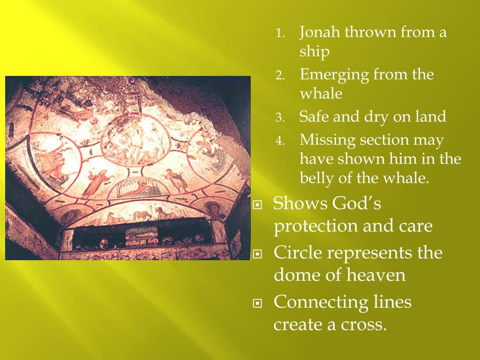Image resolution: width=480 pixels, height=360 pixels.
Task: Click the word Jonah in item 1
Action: pyautogui.click(x=320, y=32)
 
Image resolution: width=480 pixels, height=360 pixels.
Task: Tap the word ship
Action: pyautogui.click(x=315, y=52)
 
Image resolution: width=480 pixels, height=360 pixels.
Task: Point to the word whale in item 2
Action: pyautogui.click(x=321, y=93)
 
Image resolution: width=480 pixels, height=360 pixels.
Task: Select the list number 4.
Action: pyautogui.click(x=280, y=141)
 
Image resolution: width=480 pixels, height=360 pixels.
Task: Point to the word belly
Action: pyautogui.click(x=316, y=178)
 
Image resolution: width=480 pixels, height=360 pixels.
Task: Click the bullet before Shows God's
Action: pyautogui.click(x=258, y=204)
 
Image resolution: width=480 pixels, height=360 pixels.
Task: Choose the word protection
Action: pyautogui.click(x=315, y=226)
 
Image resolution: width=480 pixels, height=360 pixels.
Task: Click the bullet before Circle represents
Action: pyautogui.click(x=258, y=254)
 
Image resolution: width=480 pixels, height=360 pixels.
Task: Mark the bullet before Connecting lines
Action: pyautogui.click(x=258, y=303)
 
